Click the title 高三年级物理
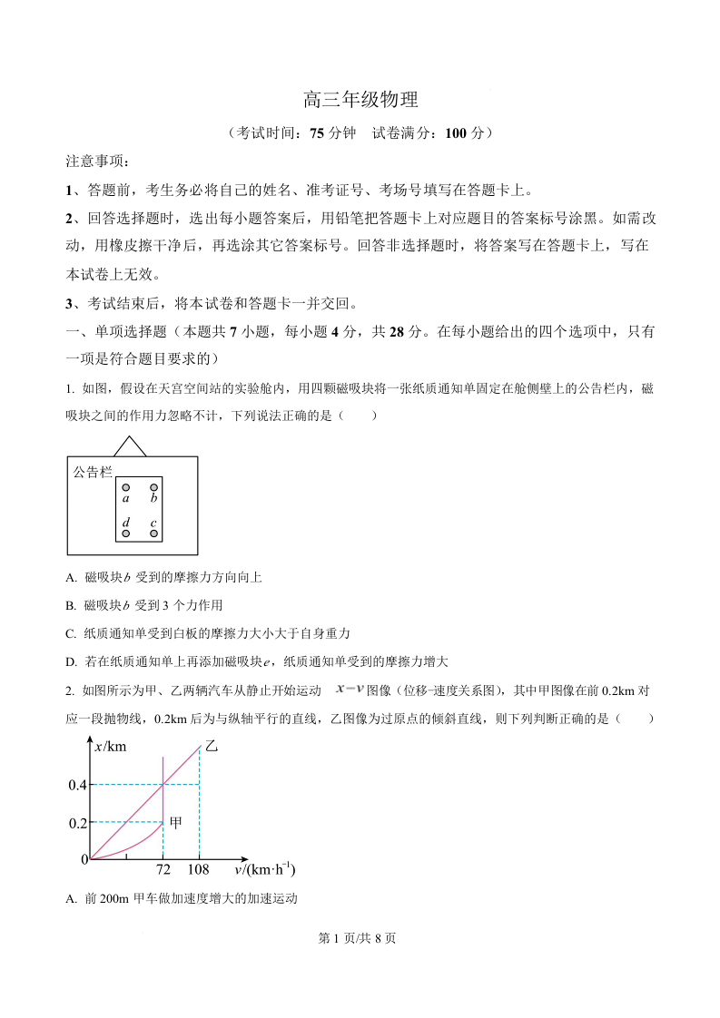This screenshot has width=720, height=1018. tap(360, 101)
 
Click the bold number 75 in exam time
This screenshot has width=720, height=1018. tap(317, 133)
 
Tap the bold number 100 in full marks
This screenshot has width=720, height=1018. tap(457, 133)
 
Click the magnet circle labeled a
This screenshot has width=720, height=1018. tap(126, 487)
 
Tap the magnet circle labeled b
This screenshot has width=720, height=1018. tap(154, 487)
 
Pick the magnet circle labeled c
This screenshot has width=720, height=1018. tap(154, 533)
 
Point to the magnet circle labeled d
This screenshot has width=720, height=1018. tap(126, 533)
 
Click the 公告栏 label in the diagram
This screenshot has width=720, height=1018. tap(93, 472)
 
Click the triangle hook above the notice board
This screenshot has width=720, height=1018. tap(130, 446)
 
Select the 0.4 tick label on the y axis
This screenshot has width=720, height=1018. tap(77, 784)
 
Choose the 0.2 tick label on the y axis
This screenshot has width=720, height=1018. tap(77, 822)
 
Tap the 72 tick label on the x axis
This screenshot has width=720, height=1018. tap(163, 870)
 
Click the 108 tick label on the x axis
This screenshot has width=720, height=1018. tap(198, 870)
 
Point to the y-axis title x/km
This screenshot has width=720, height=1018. tap(111, 747)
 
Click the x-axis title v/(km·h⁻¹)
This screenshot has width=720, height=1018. tap(265, 870)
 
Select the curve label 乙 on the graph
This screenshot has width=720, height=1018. tap(212, 746)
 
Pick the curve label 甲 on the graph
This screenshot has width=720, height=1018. tap(177, 822)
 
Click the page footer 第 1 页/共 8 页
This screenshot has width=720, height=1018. tap(360, 938)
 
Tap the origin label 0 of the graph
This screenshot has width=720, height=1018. tap(84, 859)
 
